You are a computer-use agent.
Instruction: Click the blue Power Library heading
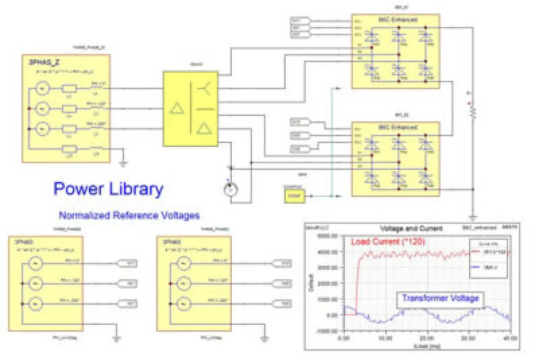coord(108,189)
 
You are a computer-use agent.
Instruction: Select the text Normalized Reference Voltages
coord(129,216)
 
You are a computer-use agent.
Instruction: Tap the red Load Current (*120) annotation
coord(388,243)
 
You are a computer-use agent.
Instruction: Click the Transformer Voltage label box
coord(438,297)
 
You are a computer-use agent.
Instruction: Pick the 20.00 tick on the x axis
coord(427,339)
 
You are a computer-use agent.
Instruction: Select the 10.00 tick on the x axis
coord(385,339)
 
